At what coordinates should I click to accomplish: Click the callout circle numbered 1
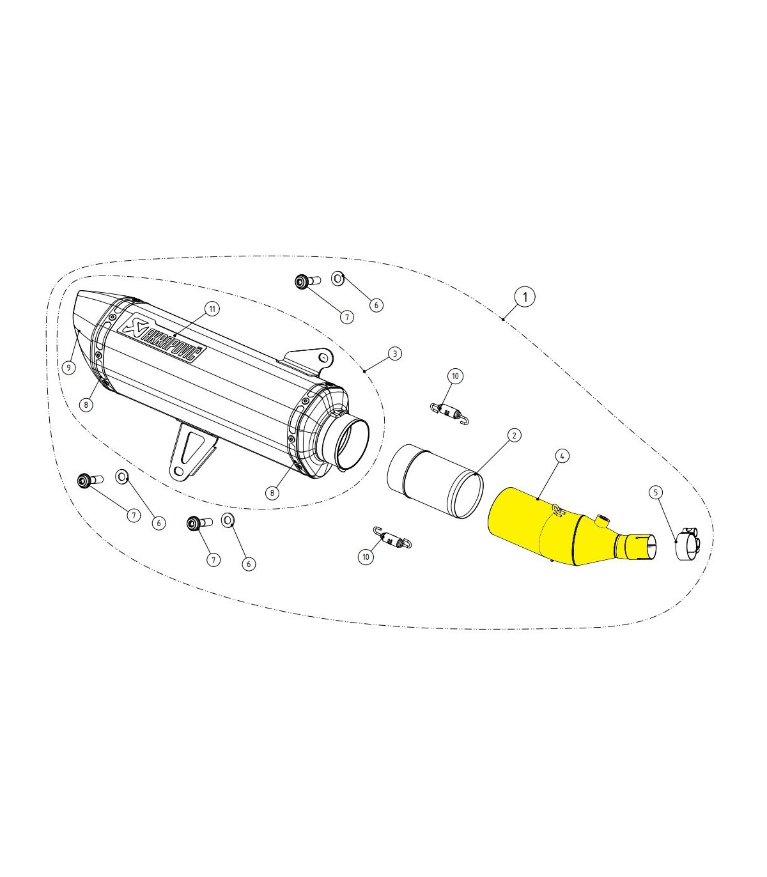coord(525,296)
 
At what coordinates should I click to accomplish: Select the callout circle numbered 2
coord(514,435)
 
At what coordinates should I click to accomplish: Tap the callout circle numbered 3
coord(394,353)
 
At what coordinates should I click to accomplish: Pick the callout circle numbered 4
coord(562,456)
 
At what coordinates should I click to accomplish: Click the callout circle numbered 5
coord(656,492)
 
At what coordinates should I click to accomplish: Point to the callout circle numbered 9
coord(68,368)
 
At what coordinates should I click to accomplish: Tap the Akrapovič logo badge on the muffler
coord(163,340)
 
